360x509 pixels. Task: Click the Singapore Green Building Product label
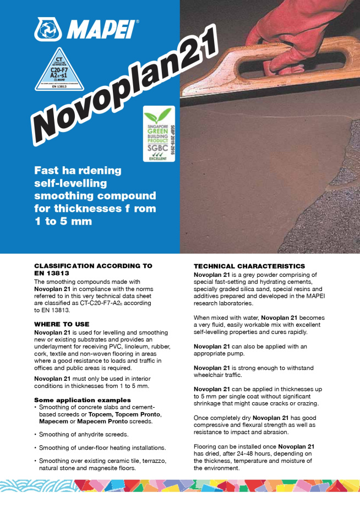tap(159, 134)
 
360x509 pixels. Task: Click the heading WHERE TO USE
tap(62, 325)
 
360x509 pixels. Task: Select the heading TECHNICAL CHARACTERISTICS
tap(249, 266)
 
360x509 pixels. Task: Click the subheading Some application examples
tap(82, 400)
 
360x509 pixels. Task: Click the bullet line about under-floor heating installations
tap(102, 447)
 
